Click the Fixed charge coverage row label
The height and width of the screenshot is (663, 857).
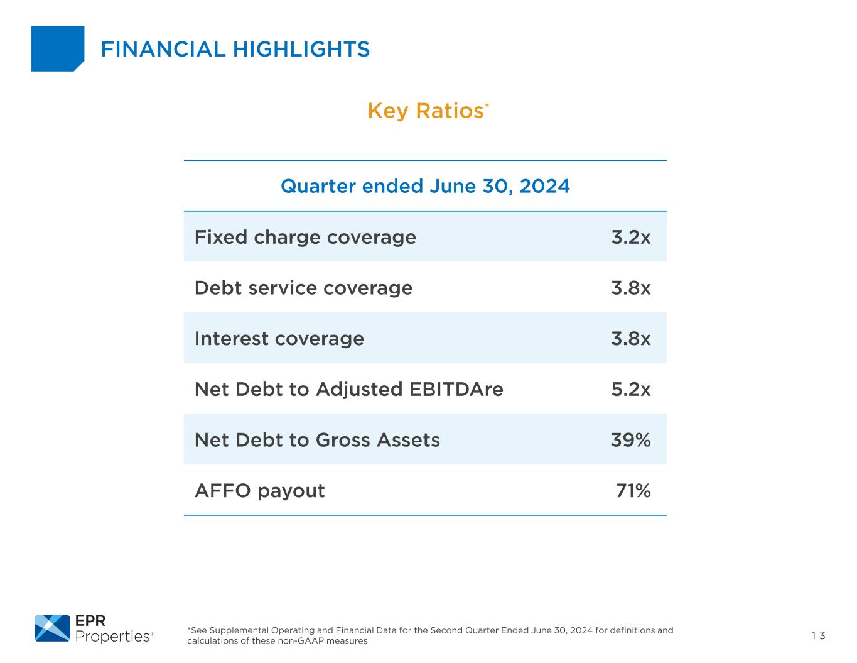pyautogui.click(x=305, y=237)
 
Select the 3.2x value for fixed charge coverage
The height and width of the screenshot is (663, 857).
pyautogui.click(x=630, y=237)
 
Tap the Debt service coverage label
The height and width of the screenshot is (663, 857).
pyautogui.click(x=303, y=288)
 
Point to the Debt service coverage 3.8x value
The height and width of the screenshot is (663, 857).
pyautogui.click(x=630, y=288)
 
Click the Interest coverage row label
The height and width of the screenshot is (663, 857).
pyautogui.click(x=279, y=339)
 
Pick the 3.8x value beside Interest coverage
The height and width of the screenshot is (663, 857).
pyautogui.click(x=630, y=339)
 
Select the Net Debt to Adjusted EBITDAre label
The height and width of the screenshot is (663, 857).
pyautogui.click(x=348, y=390)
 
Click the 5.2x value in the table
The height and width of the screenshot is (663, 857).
pyautogui.click(x=630, y=390)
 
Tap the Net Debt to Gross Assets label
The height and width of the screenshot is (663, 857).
pyautogui.click(x=317, y=440)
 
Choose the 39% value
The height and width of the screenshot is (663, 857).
pyautogui.click(x=630, y=440)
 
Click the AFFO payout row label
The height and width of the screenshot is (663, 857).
pyautogui.click(x=259, y=491)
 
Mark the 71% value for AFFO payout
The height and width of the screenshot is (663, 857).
pyautogui.click(x=633, y=491)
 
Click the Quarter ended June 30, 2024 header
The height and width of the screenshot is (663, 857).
pyautogui.click(x=425, y=186)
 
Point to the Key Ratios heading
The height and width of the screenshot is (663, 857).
pyautogui.click(x=425, y=111)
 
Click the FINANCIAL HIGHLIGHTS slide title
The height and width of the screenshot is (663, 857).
pyautogui.click(x=235, y=49)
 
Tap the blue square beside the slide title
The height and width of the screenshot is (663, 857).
pyautogui.click(x=57, y=48)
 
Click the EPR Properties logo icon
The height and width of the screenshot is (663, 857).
pyautogui.click(x=52, y=628)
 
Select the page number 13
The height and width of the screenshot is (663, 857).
pyautogui.click(x=818, y=635)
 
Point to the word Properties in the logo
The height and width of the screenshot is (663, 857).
pyautogui.click(x=111, y=637)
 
